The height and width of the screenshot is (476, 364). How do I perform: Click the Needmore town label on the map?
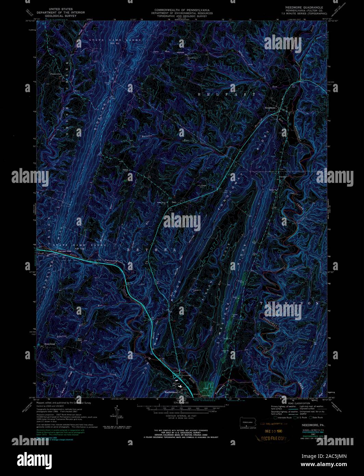click(270, 108)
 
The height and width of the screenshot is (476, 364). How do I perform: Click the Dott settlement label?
click(174, 202)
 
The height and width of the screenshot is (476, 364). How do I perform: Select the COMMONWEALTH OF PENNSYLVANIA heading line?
click(182, 10)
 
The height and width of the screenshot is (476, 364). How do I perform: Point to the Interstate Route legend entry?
click(283, 417)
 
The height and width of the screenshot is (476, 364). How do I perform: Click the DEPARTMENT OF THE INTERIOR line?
click(61, 13)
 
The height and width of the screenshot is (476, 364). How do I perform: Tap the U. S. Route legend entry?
click(300, 417)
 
